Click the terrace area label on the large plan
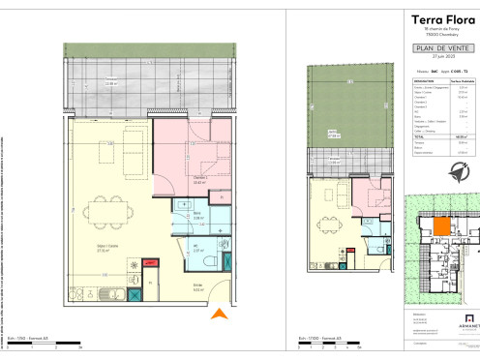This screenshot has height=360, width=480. (x=113, y=81)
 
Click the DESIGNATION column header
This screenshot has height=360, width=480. (x=424, y=81)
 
